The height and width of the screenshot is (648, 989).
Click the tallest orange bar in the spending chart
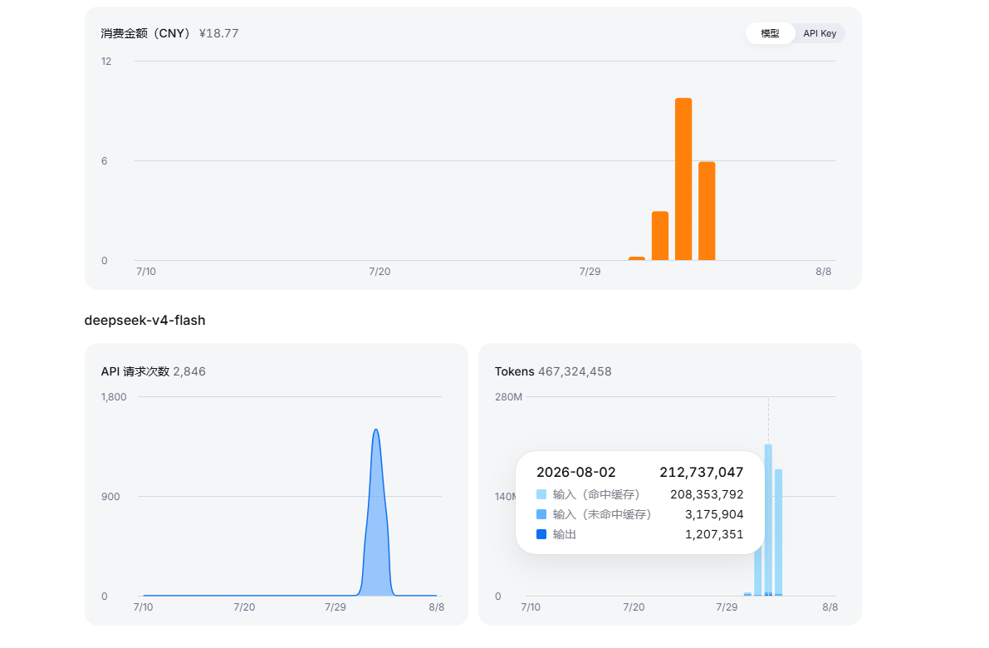click(683, 179)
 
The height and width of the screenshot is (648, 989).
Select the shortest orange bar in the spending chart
click(637, 258)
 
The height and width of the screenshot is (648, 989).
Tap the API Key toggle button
click(820, 33)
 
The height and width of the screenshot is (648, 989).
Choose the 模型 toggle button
click(770, 33)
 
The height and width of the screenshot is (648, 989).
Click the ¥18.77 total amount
click(219, 33)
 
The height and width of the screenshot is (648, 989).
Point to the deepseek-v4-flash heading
click(145, 320)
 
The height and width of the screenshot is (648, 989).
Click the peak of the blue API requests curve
click(376, 430)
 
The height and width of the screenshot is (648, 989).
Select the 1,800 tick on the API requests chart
click(114, 397)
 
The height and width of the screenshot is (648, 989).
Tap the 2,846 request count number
click(189, 371)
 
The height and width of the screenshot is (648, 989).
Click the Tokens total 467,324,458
click(575, 371)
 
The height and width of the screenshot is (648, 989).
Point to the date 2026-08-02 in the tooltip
click(575, 472)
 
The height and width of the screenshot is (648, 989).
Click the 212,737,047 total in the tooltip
click(702, 472)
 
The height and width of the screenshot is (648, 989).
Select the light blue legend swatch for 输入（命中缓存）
click(541, 494)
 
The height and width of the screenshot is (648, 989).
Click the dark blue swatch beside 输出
click(541, 534)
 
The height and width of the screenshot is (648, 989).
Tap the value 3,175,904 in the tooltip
click(714, 514)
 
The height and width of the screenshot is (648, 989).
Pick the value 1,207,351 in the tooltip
click(714, 534)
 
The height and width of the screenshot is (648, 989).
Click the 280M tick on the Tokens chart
click(508, 397)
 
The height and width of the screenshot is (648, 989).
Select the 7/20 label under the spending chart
click(379, 272)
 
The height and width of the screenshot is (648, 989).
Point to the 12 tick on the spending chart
click(106, 61)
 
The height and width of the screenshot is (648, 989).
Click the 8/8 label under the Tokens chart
click(830, 607)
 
